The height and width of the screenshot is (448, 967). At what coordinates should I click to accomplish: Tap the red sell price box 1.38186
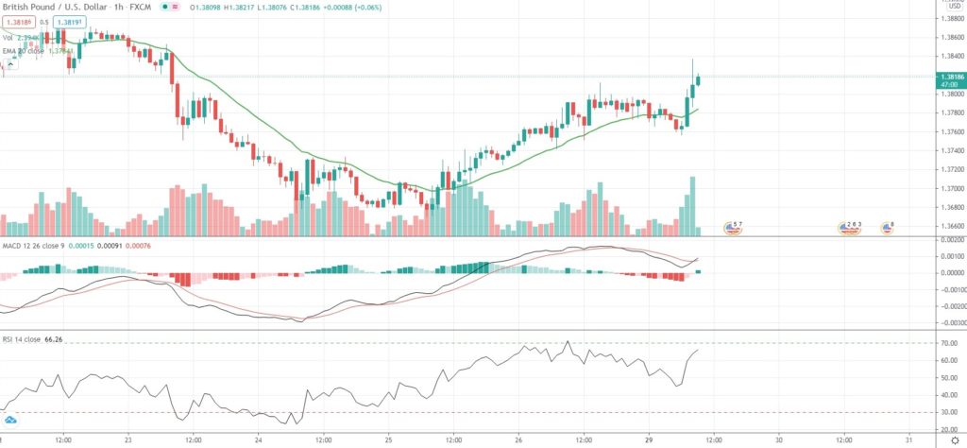point(17,22)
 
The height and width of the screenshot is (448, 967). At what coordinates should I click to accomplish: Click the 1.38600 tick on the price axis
point(948,37)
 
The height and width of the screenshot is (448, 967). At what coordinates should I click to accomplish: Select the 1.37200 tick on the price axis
point(948,169)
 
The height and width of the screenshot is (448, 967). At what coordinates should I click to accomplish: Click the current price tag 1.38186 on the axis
point(948,76)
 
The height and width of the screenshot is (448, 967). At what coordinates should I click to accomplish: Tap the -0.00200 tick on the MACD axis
point(948,305)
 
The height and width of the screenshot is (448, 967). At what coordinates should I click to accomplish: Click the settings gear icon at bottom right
point(954,439)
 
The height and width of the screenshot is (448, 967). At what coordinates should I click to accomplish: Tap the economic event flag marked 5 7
point(733,227)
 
